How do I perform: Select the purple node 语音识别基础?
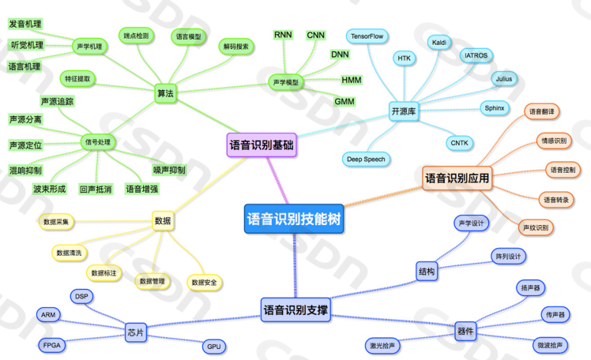(261, 144)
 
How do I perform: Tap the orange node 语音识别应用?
(457, 179)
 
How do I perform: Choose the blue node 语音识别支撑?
(295, 310)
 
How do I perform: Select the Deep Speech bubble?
(366, 159)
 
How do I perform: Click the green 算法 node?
(165, 93)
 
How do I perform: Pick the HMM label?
(352, 81)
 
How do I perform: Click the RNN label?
(283, 35)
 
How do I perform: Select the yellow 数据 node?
(163, 221)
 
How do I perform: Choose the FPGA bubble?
(54, 345)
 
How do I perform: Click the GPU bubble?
(214, 347)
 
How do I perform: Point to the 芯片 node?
(136, 332)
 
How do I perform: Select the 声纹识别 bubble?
(536, 227)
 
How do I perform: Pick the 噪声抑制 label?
(168, 171)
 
